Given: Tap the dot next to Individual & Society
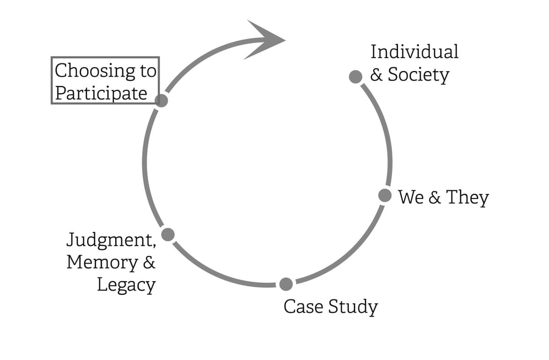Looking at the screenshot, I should [x=356, y=77].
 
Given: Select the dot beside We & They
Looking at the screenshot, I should [x=385, y=195].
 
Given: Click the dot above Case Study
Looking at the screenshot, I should [x=286, y=284].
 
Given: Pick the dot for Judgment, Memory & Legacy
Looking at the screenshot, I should [x=168, y=234].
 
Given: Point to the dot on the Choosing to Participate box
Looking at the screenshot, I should [x=161, y=100].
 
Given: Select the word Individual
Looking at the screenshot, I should [x=414, y=52].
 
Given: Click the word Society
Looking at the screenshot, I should [x=418, y=74].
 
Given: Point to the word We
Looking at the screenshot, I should [x=410, y=197].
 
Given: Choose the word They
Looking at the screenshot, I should [x=467, y=197].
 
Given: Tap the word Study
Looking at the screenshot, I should [x=353, y=307].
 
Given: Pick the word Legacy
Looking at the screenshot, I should [x=126, y=285].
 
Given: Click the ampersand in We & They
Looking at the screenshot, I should [x=434, y=197].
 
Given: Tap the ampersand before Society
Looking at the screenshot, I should [x=376, y=75].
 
